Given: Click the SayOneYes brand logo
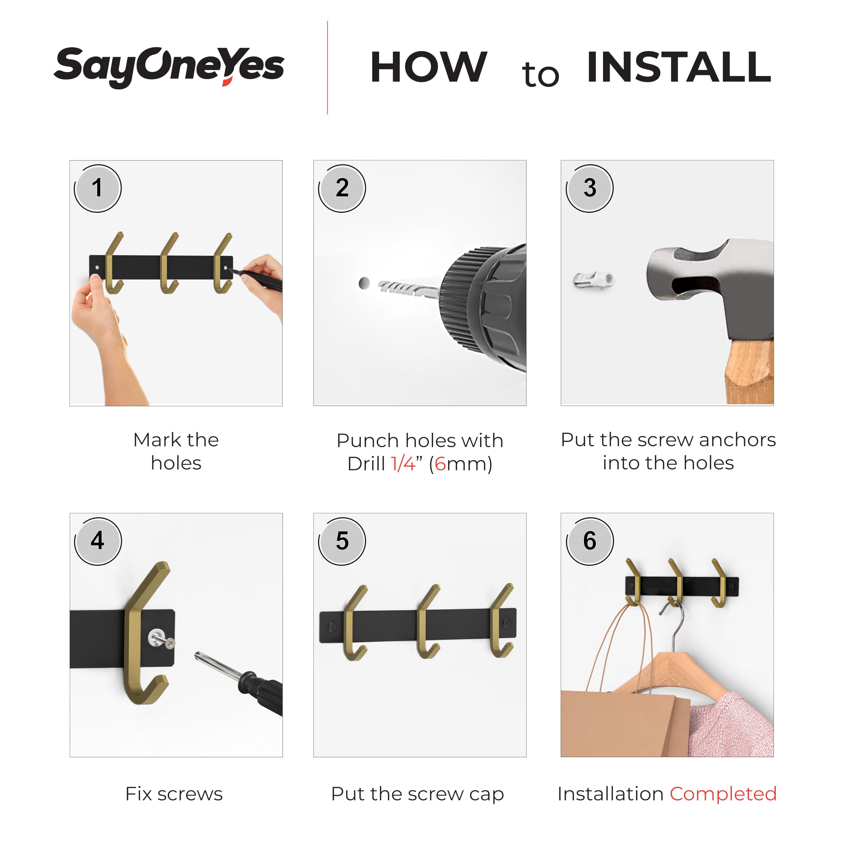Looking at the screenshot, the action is (169, 67).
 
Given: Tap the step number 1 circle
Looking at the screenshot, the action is (98, 188).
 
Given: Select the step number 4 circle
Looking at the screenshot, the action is (98, 541).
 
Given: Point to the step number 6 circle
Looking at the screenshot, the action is (590, 541).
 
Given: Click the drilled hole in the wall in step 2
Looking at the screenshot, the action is (364, 283).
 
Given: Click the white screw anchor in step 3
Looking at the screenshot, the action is (594, 280).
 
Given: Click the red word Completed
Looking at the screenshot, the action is (723, 794).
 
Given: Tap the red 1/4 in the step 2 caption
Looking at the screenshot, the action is (403, 464).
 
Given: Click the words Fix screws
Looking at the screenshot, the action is (174, 794).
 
